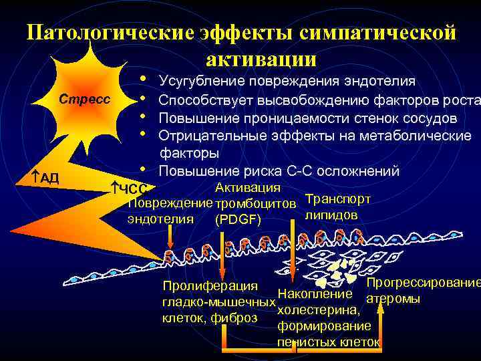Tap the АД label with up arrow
45,178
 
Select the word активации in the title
261,58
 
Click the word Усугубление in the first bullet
202,82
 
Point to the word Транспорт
337,199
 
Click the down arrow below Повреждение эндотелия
171,238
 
